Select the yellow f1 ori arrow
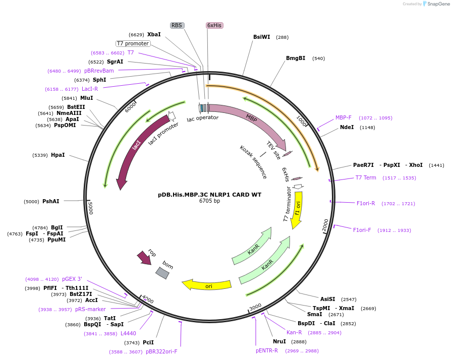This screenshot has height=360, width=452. pos(298,209)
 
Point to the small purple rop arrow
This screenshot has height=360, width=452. pos(144,258)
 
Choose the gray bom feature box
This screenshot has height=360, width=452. pos(162,273)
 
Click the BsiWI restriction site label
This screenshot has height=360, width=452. pos(261,37)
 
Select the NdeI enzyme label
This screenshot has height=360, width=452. pos(347,128)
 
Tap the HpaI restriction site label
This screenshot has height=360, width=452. pos(58,155)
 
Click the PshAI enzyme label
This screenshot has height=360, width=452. pos(50,202)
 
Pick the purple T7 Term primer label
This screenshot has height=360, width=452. pos(366,178)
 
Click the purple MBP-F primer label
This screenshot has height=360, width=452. pos(344,118)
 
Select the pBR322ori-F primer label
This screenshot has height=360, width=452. pos(161,352)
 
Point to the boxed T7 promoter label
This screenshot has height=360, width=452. pos(133,44)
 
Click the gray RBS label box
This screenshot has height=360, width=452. pos(177,25)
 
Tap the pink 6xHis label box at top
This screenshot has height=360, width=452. pos(214,25)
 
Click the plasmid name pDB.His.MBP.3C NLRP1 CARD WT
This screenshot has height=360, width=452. pos(209,194)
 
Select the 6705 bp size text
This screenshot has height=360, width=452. pos(209,201)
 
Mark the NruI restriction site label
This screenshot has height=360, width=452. pos(279,342)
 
